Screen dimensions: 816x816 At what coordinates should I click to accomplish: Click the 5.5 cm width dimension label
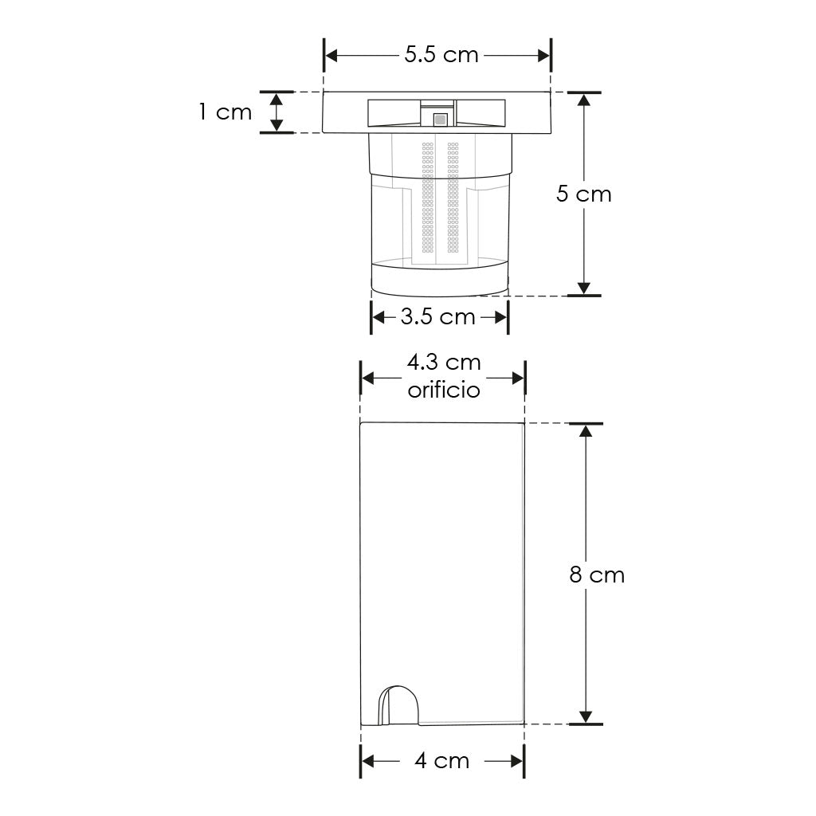point(441,55)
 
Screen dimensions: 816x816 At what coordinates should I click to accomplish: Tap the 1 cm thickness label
point(226,112)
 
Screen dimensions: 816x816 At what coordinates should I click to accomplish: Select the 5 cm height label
point(584,194)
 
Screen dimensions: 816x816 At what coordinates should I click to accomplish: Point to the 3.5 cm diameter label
point(437,316)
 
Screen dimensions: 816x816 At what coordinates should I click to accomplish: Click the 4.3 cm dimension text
point(443,363)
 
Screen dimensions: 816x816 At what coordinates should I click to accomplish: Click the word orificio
point(443,390)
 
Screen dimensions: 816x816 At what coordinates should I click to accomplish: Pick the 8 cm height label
point(597,575)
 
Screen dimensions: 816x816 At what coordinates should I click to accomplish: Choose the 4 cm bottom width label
point(441,761)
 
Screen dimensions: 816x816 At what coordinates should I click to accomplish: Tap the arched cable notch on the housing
point(398,704)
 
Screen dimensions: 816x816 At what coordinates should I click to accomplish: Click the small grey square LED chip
point(440,120)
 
